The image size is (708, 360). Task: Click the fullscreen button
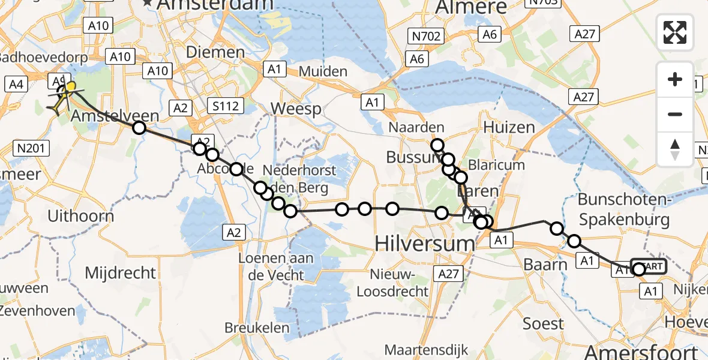(x=675, y=32)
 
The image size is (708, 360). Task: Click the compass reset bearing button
(x=675, y=149)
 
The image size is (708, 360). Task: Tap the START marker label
(x=649, y=266)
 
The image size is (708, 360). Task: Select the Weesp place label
(x=296, y=109)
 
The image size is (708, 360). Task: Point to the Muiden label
(x=323, y=71)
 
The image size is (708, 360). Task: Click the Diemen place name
(x=215, y=52)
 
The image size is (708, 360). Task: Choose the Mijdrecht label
(x=121, y=273)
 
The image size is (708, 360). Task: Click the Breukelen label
(x=256, y=328)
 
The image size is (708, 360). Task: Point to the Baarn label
(x=545, y=264)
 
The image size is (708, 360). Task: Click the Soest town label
(x=543, y=324)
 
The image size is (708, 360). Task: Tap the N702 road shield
(x=427, y=37)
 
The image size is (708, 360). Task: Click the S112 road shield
(x=225, y=107)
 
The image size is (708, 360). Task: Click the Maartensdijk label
(x=424, y=349)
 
